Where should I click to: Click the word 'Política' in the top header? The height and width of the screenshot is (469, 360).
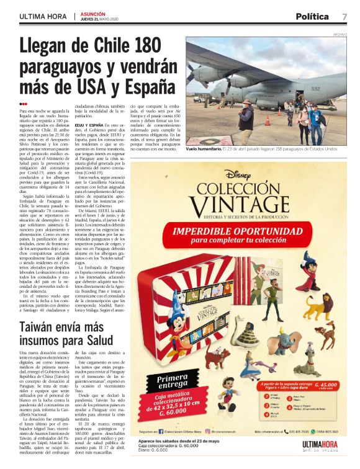312,16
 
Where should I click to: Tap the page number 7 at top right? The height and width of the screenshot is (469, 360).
344,16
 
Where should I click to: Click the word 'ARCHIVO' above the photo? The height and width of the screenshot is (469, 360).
340,34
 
